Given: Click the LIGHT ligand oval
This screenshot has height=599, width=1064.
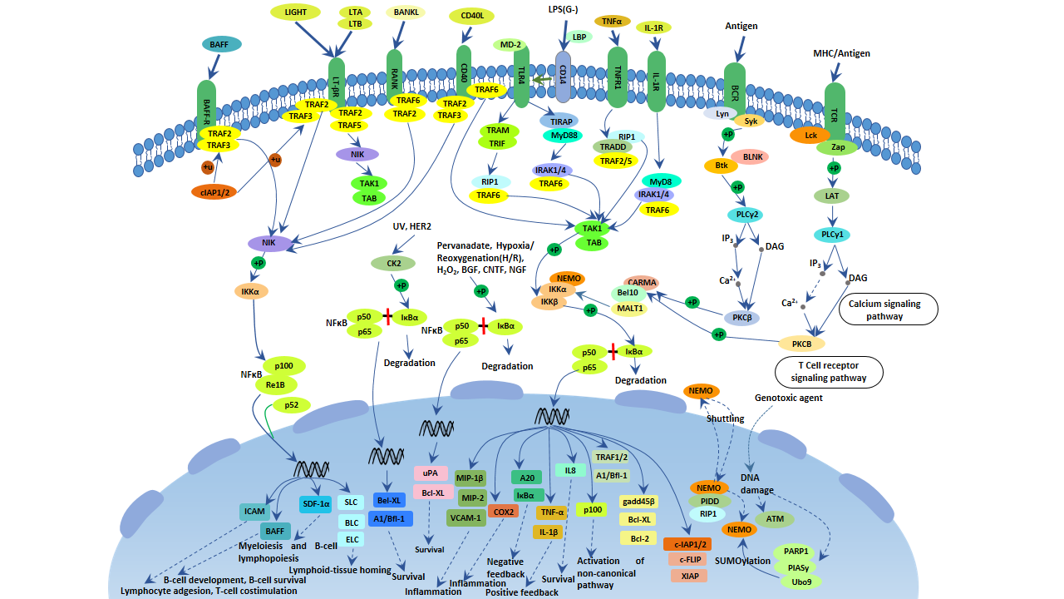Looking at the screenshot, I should point(296,12).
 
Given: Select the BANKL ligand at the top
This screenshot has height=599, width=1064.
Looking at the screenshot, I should point(406,12).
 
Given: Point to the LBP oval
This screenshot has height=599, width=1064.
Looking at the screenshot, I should point(579,37).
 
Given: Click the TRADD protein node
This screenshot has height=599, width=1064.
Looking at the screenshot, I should point(613,147).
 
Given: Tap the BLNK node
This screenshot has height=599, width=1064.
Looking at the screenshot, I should point(753,156).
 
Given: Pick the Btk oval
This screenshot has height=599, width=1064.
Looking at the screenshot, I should point(721,166).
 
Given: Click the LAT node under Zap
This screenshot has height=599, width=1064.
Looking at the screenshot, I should point(833,196).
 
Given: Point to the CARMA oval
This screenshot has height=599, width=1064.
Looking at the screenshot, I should point(642,283).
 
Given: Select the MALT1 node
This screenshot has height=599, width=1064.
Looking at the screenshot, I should point(629,309).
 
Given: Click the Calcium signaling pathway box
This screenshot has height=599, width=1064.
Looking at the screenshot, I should point(888,309).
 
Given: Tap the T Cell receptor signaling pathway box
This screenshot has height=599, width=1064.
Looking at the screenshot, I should point(829,372).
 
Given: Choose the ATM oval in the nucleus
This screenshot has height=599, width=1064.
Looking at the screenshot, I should point(775,519).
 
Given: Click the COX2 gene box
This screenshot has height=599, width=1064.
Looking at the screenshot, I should point(503,512).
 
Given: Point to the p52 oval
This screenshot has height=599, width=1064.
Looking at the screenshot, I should point(292,405).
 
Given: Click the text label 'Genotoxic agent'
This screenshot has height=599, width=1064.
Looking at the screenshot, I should point(788,399).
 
